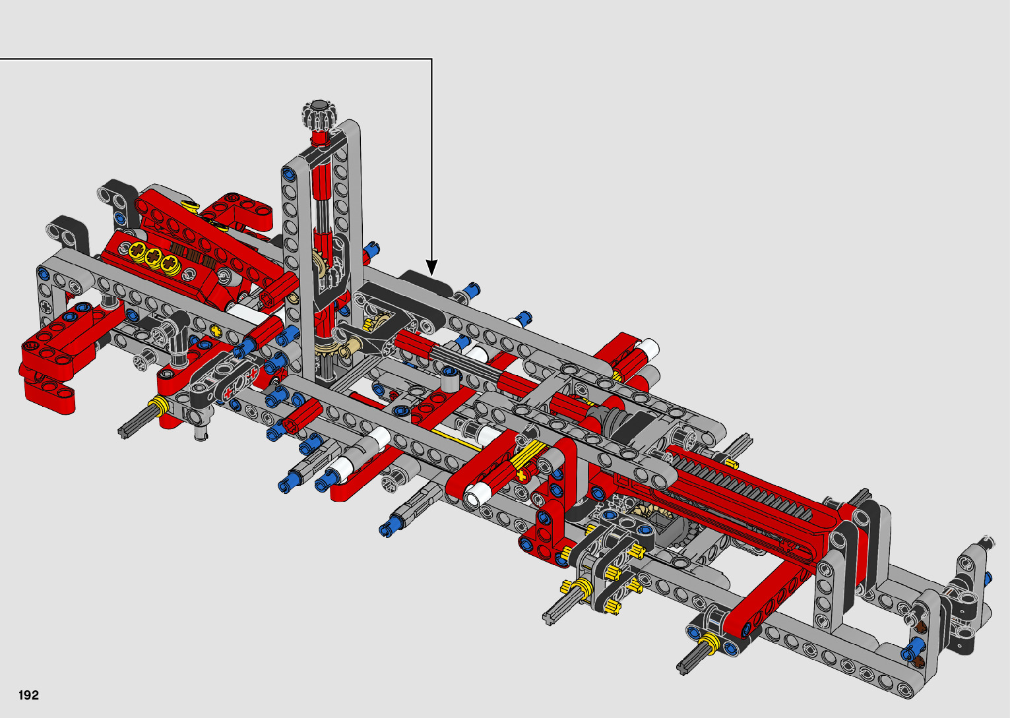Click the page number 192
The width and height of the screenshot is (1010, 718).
click(x=29, y=695)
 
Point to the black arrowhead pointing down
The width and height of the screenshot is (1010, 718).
click(x=431, y=267)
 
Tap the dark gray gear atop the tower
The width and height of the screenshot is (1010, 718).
click(x=319, y=115)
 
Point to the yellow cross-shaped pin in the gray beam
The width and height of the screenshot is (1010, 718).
click(x=216, y=331)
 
